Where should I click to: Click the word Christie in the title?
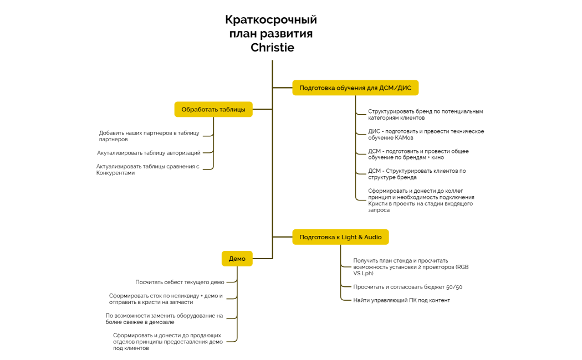pyautogui.click(x=272, y=48)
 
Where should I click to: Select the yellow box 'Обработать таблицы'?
pyautogui.click(x=213, y=109)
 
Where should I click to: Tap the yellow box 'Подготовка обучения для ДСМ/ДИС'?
pyautogui.click(x=355, y=88)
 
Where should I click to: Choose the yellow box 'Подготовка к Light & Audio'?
pyautogui.click(x=340, y=237)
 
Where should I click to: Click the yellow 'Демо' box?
pyautogui.click(x=237, y=259)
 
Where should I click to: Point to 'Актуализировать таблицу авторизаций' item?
pyautogui.click(x=149, y=152)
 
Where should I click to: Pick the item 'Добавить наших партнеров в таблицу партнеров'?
pyautogui.click(x=149, y=136)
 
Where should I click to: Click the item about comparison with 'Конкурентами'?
pyautogui.click(x=147, y=169)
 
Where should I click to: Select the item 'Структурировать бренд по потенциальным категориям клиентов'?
pyautogui.click(x=425, y=115)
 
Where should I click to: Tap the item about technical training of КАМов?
pyautogui.click(x=426, y=135)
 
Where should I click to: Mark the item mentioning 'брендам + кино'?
pyautogui.click(x=418, y=155)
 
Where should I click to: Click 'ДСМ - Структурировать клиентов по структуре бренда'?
pyautogui.click(x=417, y=174)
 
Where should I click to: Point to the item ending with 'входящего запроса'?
pyautogui.click(x=421, y=200)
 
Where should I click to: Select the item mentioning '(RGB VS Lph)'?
pyautogui.click(x=410, y=267)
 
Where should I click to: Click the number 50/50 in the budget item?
pyautogui.click(x=454, y=287)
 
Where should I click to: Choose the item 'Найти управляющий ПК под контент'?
pyautogui.click(x=401, y=300)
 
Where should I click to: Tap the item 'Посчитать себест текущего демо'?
pyautogui.click(x=180, y=282)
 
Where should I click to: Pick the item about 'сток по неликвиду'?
pyautogui.click(x=166, y=299)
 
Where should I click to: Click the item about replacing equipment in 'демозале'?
pyautogui.click(x=164, y=318)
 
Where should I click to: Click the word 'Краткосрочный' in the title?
pyautogui.click(x=271, y=20)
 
